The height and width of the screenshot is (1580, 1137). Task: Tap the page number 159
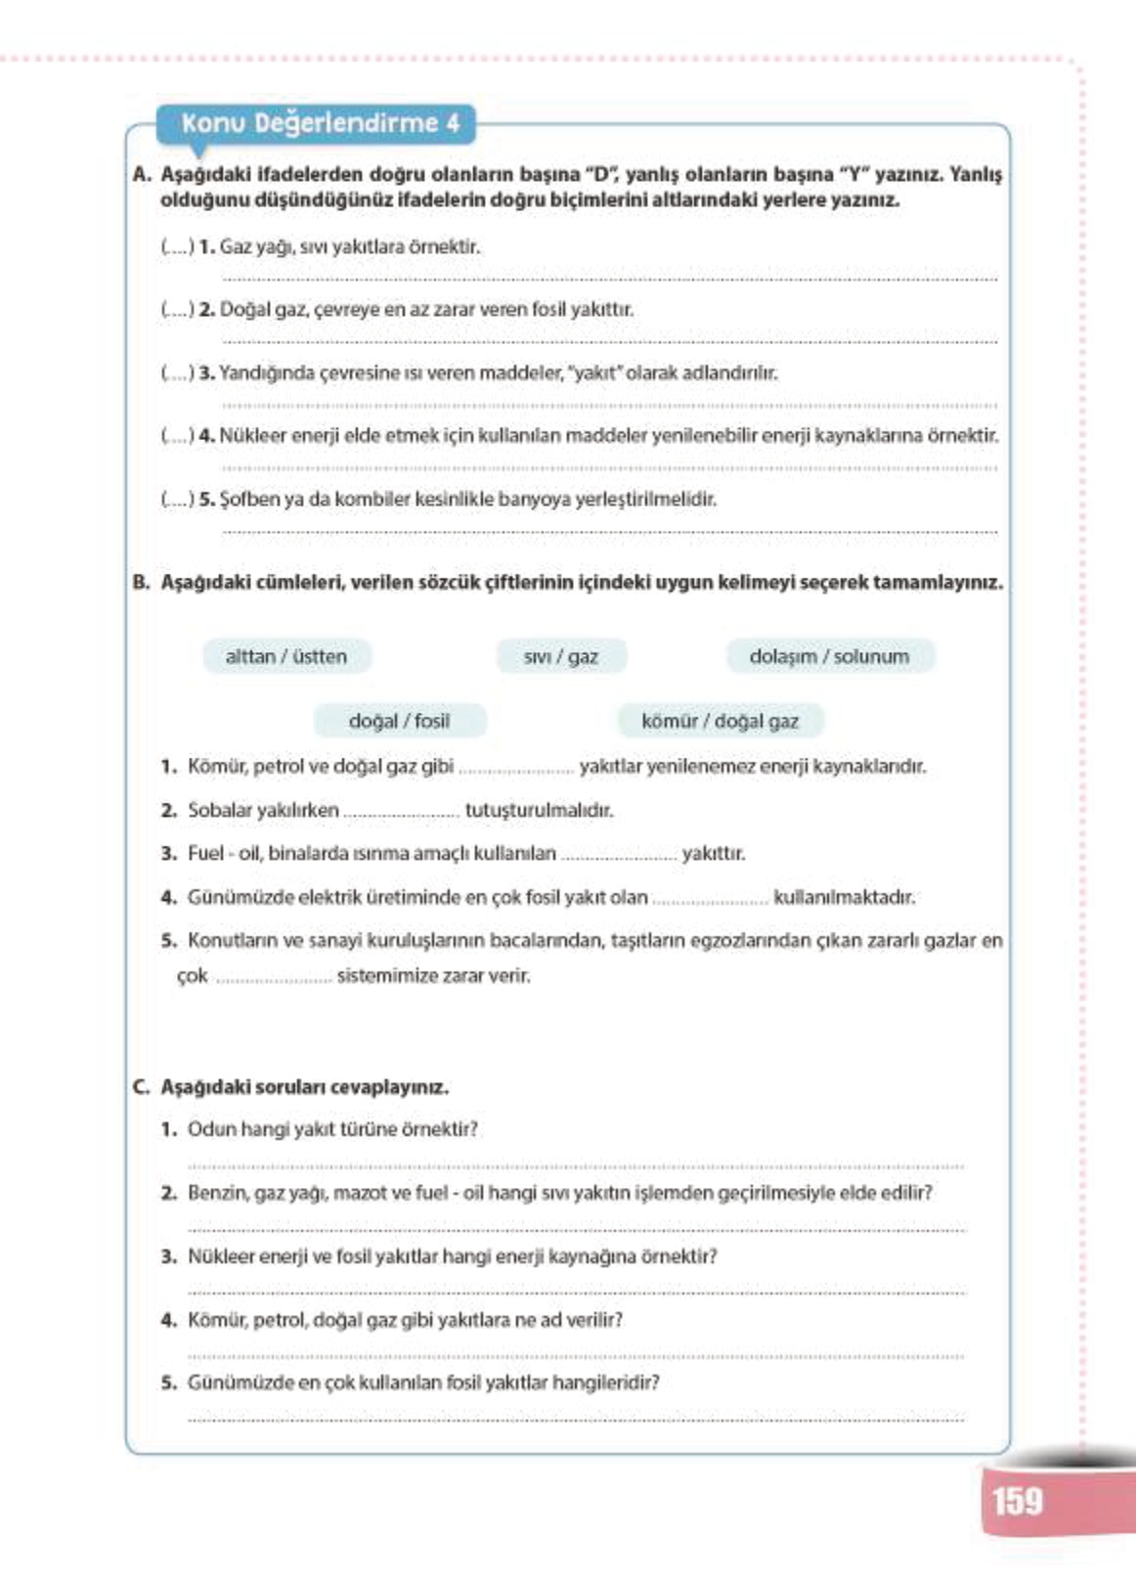click(1017, 1501)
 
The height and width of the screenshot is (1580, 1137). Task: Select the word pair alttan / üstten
click(286, 657)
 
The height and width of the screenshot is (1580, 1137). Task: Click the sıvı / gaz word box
click(560, 657)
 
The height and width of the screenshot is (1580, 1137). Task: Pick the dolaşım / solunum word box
click(829, 657)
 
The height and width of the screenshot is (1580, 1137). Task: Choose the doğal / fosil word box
click(399, 722)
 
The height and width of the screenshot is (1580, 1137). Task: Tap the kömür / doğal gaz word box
click(720, 722)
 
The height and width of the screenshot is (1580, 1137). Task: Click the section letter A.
click(141, 175)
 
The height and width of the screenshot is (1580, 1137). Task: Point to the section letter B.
click(141, 583)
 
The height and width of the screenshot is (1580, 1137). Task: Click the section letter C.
click(141, 1087)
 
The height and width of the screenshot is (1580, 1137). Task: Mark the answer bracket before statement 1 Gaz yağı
click(178, 247)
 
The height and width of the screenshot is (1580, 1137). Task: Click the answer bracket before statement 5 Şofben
click(178, 500)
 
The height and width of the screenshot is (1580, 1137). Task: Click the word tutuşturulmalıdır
click(539, 811)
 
